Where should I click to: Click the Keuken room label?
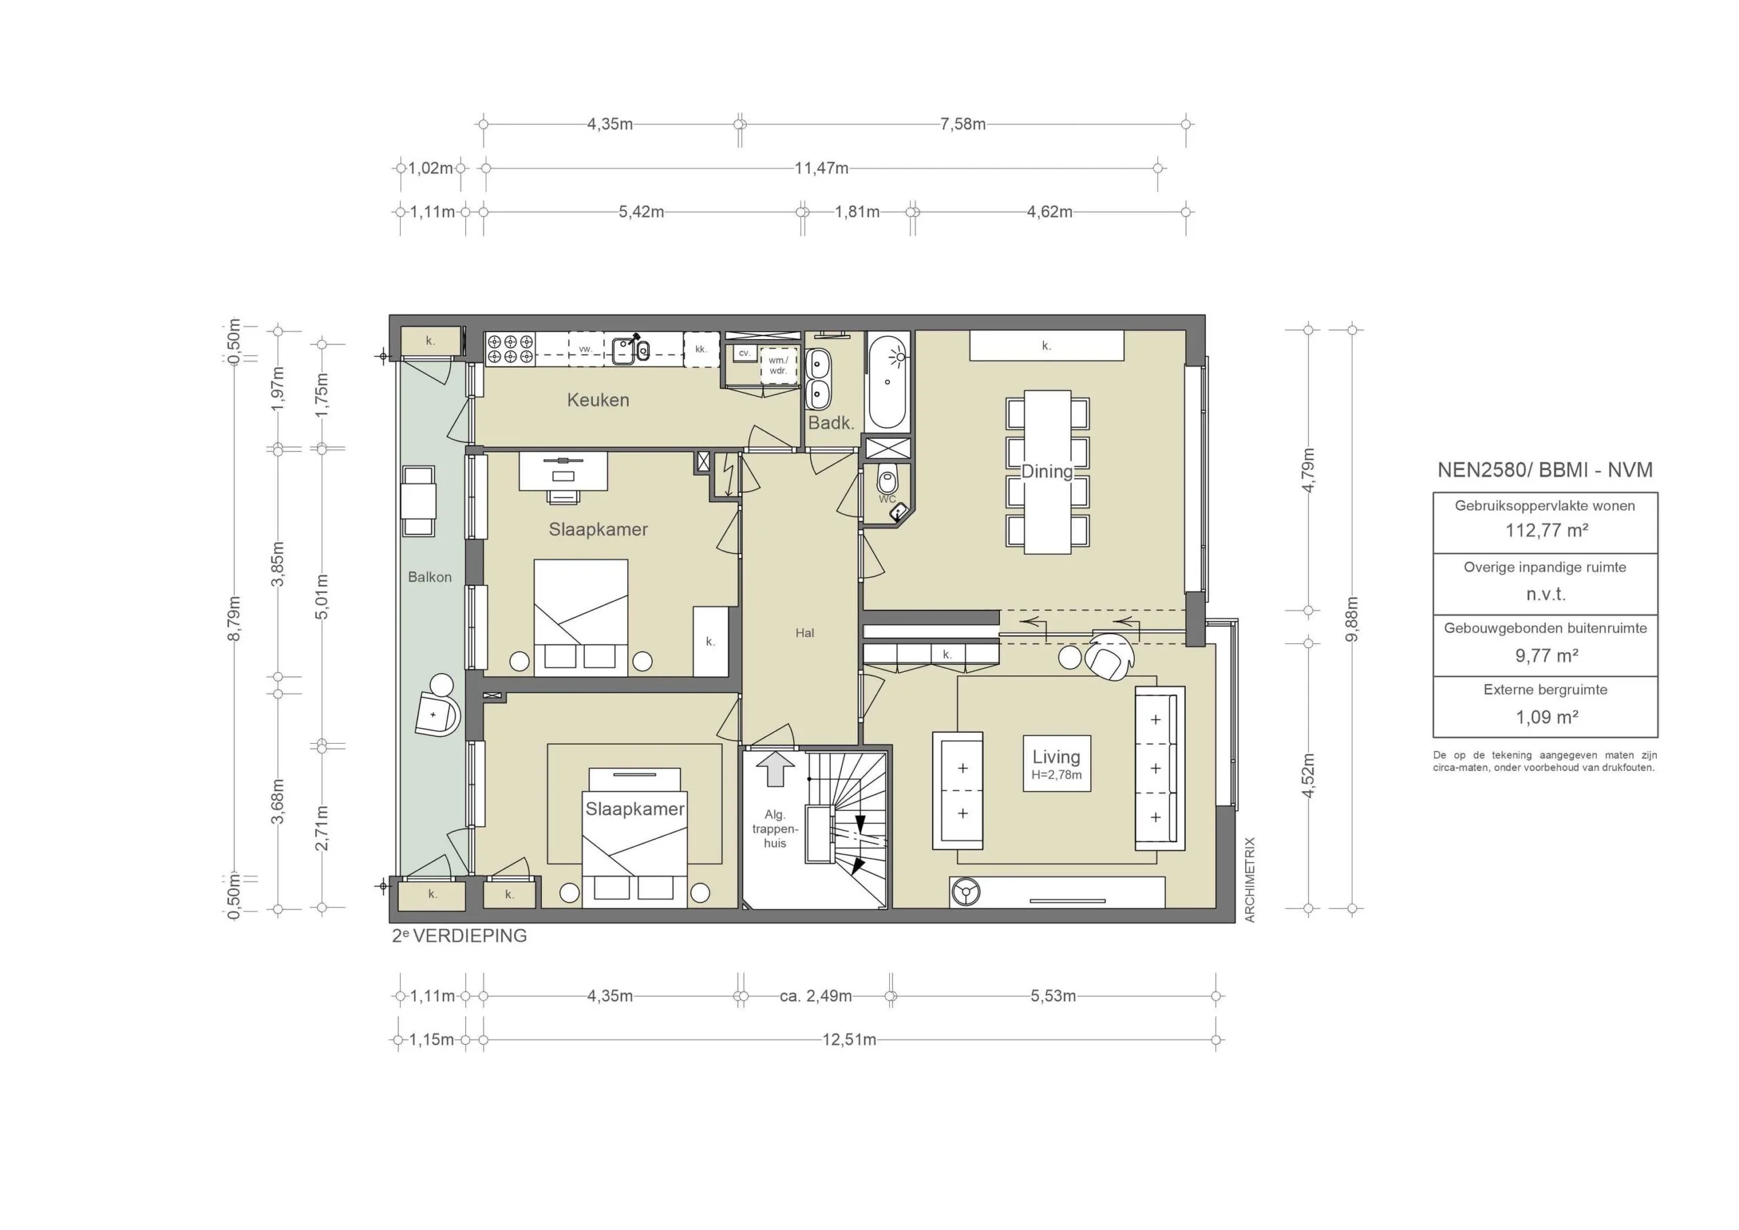tap(598, 400)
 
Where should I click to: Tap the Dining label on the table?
tap(1047, 471)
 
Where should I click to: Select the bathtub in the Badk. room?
tap(888, 382)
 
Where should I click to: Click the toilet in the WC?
tap(887, 480)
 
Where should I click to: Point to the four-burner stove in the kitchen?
tap(509, 349)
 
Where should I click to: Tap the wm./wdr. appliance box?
tap(778, 366)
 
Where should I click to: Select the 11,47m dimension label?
tap(821, 168)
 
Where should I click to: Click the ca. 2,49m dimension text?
tap(816, 996)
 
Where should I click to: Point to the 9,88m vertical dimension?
tap(1352, 619)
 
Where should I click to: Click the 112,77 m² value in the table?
tap(1546, 530)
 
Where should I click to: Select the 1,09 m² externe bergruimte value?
tap(1546, 717)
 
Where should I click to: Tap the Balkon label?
tap(429, 577)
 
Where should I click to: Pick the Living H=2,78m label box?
tap(1056, 763)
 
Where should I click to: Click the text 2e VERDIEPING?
tap(459, 936)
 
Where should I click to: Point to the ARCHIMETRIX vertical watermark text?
tap(1250, 880)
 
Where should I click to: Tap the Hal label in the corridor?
tap(804, 633)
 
